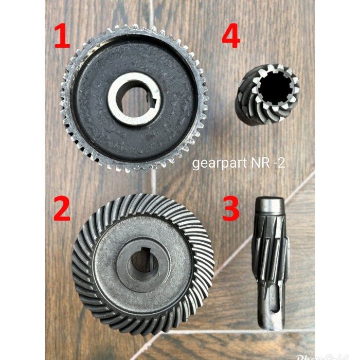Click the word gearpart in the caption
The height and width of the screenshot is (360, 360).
213,164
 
